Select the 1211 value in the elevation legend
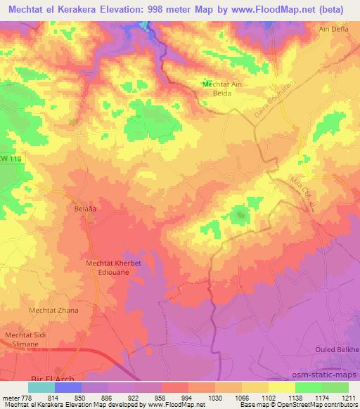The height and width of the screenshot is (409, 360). tap(348, 397)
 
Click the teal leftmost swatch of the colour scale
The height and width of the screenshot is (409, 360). tap(41, 387)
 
